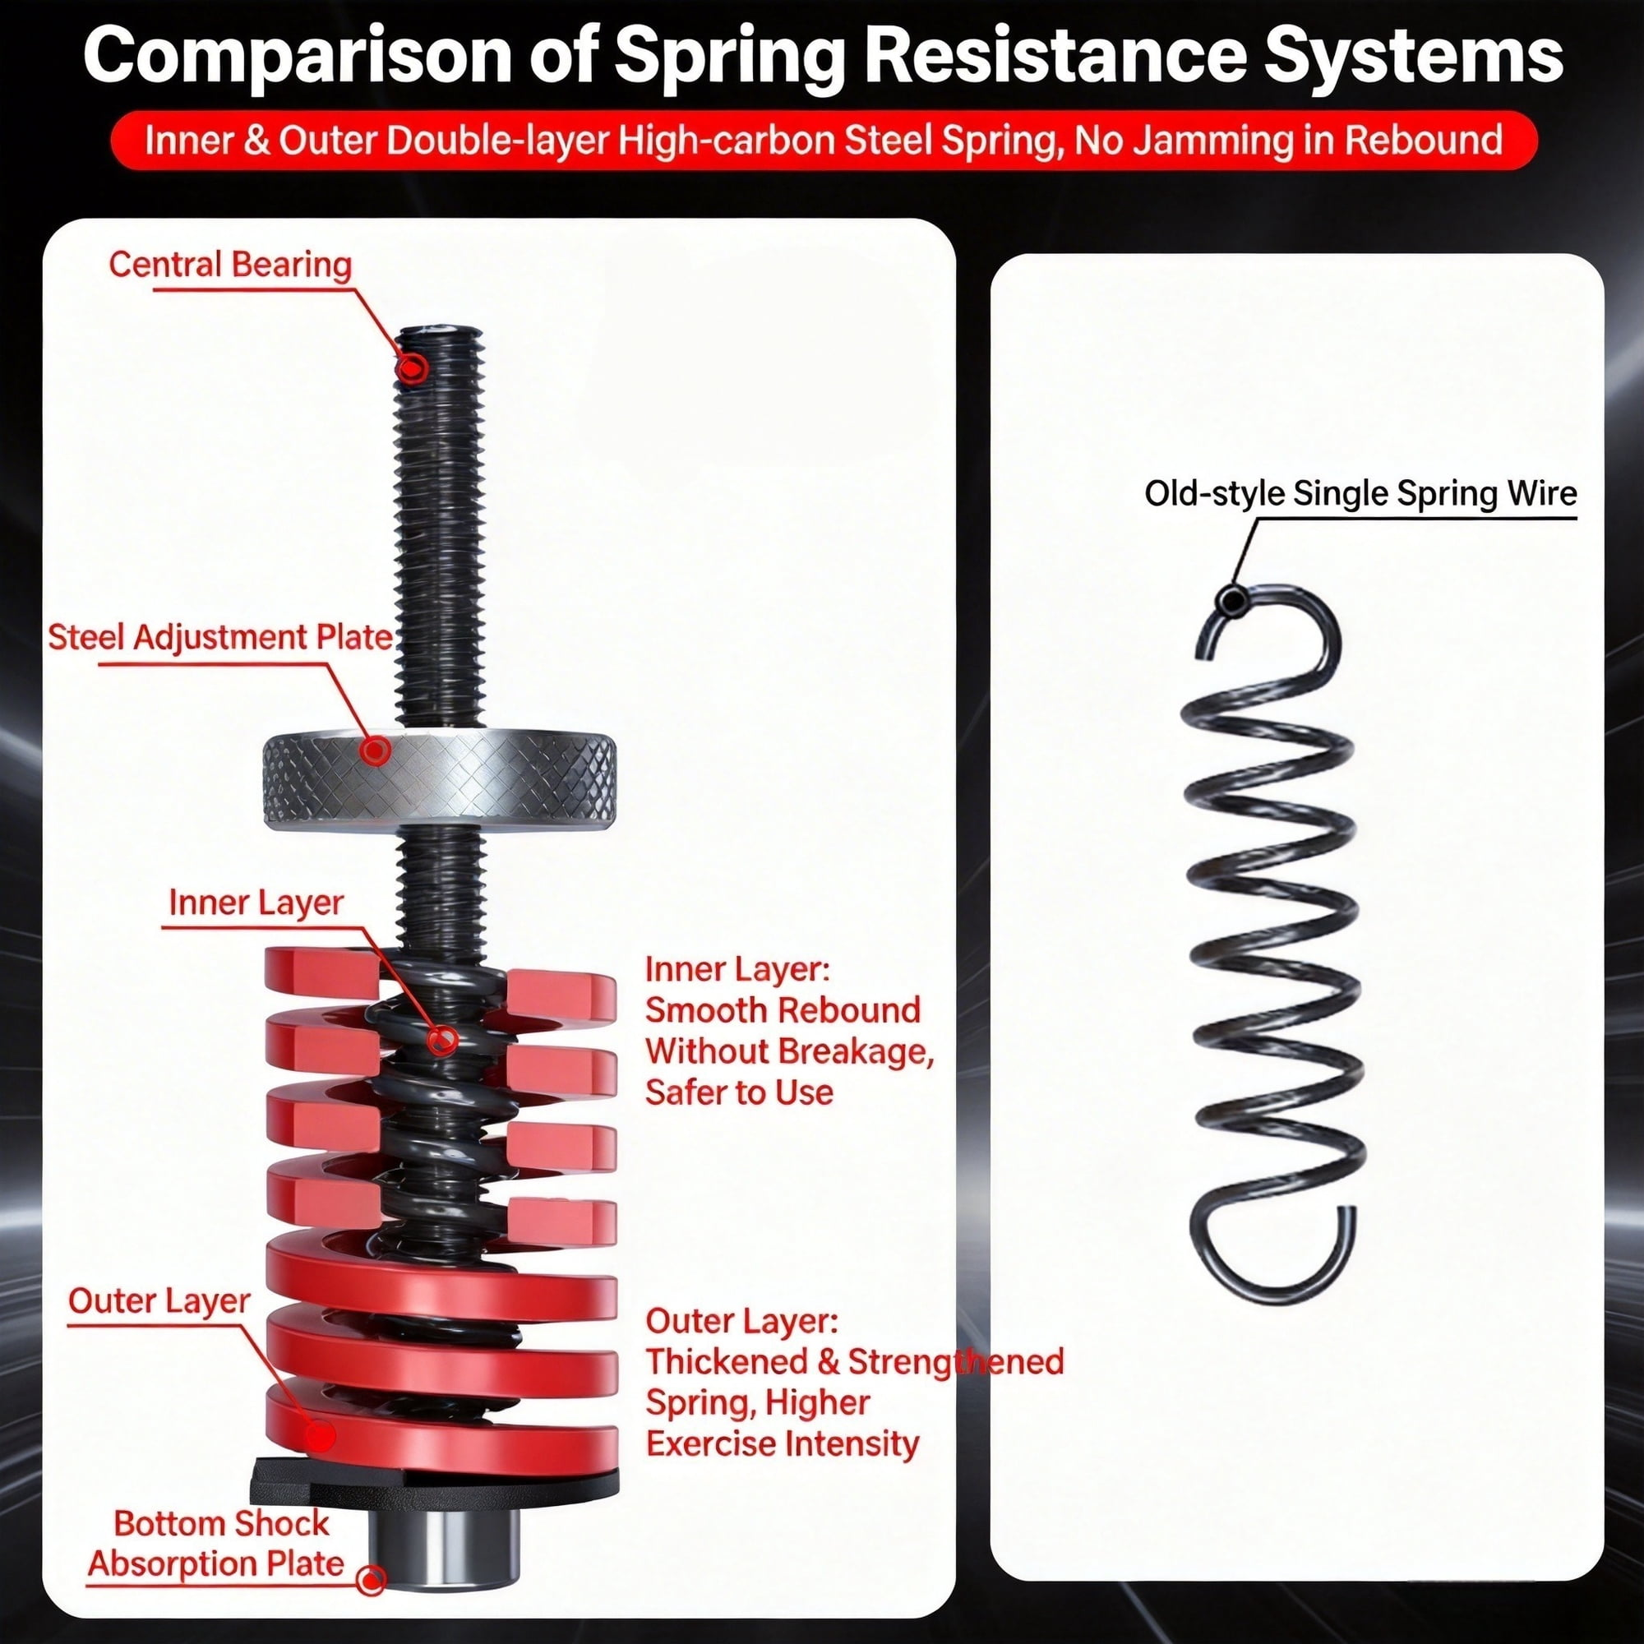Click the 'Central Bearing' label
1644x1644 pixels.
(230, 265)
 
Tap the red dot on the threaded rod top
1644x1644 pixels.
(413, 368)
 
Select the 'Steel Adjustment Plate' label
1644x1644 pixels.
(220, 637)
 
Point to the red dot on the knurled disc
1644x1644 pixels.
(376, 750)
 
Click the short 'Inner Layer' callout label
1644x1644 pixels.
(256, 903)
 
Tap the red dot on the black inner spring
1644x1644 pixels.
(442, 1040)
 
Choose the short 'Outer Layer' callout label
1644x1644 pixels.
(159, 1301)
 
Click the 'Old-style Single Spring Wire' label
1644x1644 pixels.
(1360, 493)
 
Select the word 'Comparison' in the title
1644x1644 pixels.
(297, 55)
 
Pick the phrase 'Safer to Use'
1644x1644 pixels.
(740, 1092)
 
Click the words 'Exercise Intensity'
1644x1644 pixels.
(783, 1443)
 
